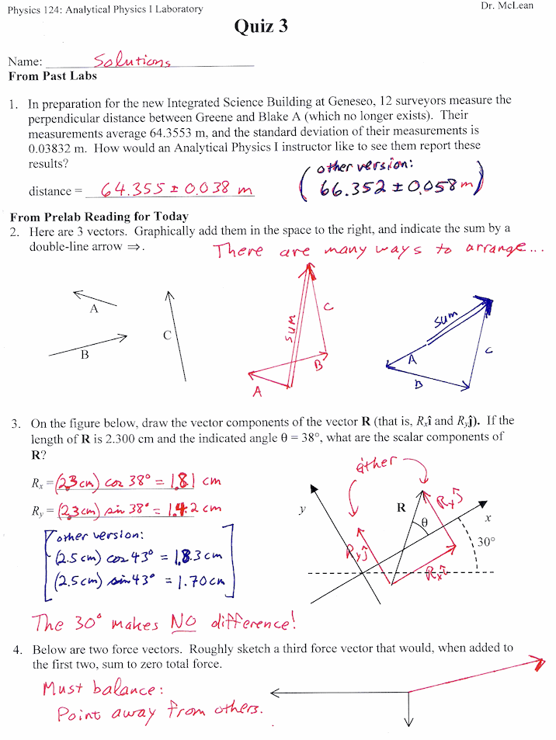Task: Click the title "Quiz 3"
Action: pyautogui.click(x=261, y=26)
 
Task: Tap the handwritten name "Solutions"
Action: pyautogui.click(x=132, y=60)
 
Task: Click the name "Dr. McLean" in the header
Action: pyautogui.click(x=509, y=6)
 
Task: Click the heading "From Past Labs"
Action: pyautogui.click(x=53, y=77)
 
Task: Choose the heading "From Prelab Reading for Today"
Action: pyautogui.click(x=99, y=217)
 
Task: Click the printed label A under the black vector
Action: pyautogui.click(x=94, y=309)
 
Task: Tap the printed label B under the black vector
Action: pyautogui.click(x=85, y=355)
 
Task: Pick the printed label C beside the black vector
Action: pyautogui.click(x=167, y=335)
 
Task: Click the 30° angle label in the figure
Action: pyautogui.click(x=485, y=544)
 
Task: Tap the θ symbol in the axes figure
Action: pyautogui.click(x=424, y=523)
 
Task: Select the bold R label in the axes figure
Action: pyautogui.click(x=401, y=509)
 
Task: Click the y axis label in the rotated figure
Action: pyautogui.click(x=302, y=510)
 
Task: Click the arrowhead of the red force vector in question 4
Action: pyautogui.click(x=537, y=662)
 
